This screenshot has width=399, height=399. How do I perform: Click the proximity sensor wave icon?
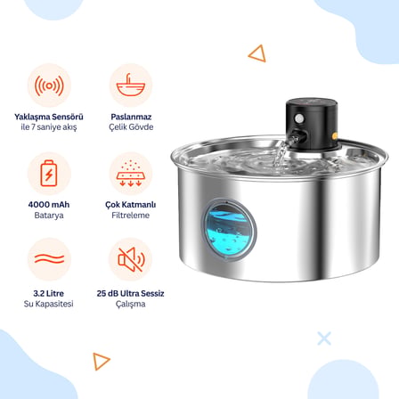pyautogui.click(x=49, y=85)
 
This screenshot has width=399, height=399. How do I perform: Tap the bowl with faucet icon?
pyautogui.click(x=131, y=85)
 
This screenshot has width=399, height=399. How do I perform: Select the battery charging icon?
pyautogui.click(x=49, y=174)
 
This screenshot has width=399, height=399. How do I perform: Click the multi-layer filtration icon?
pyautogui.click(x=131, y=174)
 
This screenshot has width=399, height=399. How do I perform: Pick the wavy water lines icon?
pyautogui.click(x=49, y=259)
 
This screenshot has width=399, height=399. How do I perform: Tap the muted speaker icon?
pyautogui.click(x=131, y=259)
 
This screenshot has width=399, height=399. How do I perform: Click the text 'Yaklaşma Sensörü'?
pyautogui.click(x=49, y=117)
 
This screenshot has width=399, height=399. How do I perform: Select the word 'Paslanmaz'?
pyautogui.click(x=131, y=117)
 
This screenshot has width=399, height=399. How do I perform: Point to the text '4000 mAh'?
pyautogui.click(x=49, y=205)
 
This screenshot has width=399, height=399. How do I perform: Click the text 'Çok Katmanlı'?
pyautogui.click(x=131, y=205)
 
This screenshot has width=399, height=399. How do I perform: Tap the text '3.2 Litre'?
pyautogui.click(x=49, y=293)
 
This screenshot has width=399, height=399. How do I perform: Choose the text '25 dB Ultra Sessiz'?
pyautogui.click(x=130, y=293)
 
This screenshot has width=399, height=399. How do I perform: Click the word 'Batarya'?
pyautogui.click(x=49, y=216)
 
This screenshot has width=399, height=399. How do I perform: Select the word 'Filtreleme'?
pyautogui.click(x=131, y=216)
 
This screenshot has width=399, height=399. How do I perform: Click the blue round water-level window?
pyautogui.click(x=229, y=230)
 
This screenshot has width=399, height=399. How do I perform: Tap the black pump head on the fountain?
pyautogui.click(x=312, y=124)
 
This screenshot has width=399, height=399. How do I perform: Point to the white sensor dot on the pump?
pyautogui.click(x=299, y=119)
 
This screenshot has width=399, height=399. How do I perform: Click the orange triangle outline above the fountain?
pyautogui.click(x=257, y=53)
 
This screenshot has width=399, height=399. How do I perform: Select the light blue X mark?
pyautogui.click(x=324, y=338)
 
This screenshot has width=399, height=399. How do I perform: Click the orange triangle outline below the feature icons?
pyautogui.click(x=101, y=361)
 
